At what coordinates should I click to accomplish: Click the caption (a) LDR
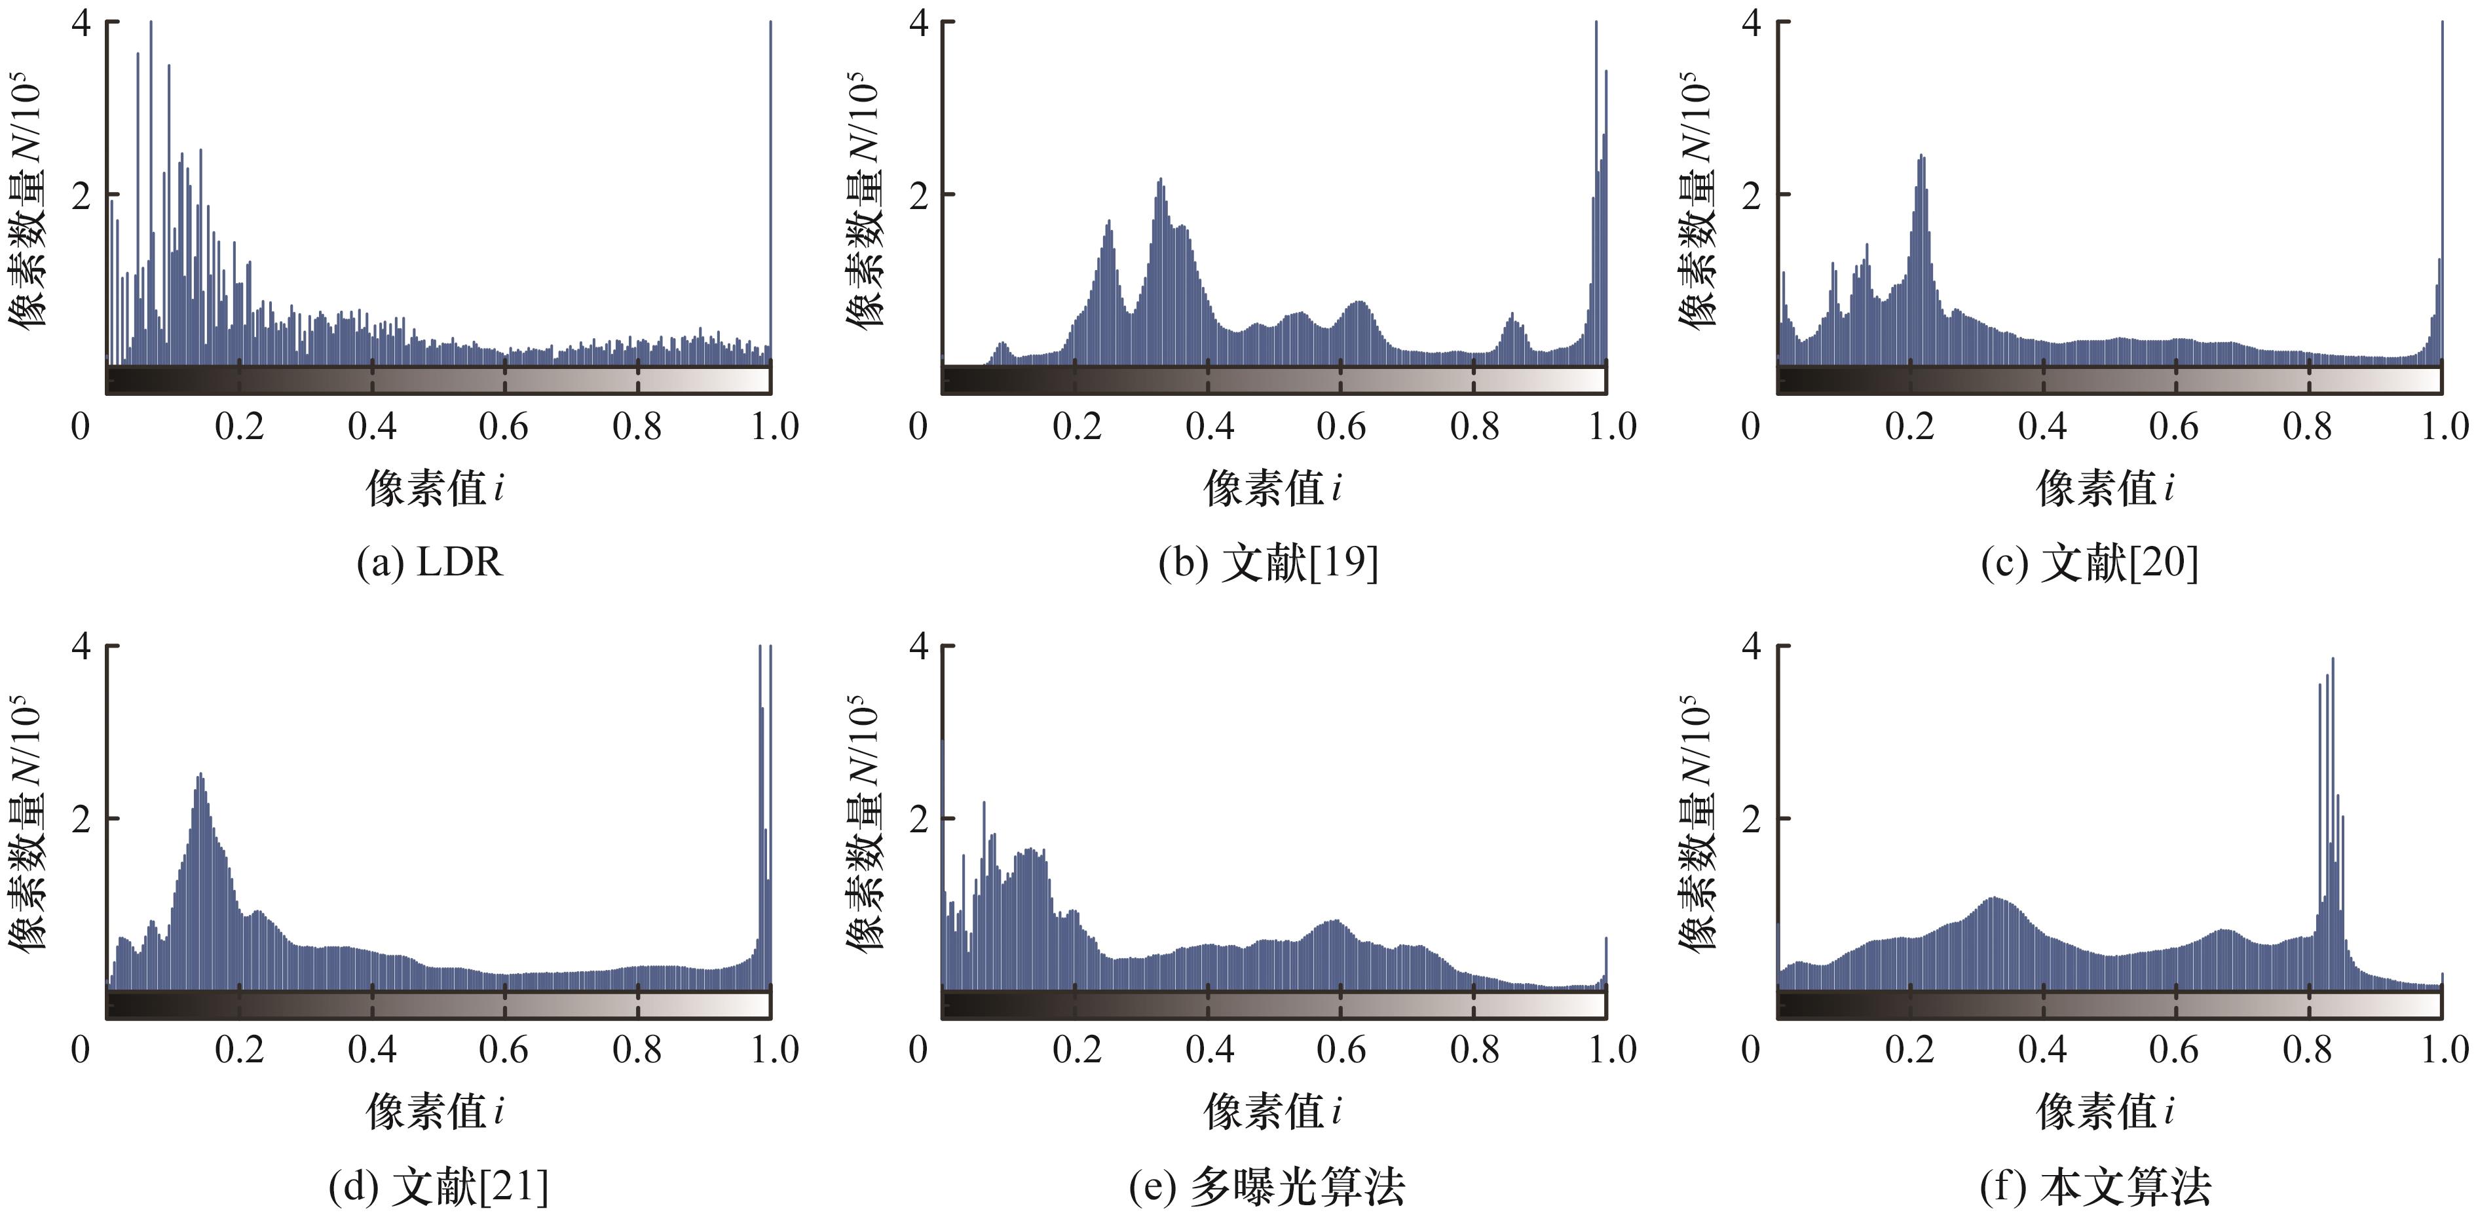point(430,562)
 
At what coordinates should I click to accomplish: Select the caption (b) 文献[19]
point(1267,562)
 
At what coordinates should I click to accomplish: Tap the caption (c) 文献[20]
point(2090,562)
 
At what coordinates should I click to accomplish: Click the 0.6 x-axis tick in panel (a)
point(504,426)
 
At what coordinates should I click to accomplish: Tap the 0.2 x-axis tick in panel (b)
point(1076,426)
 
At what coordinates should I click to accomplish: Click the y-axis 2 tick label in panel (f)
point(1752,820)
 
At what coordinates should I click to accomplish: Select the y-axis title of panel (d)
point(27,822)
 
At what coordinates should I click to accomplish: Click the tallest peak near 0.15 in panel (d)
point(200,779)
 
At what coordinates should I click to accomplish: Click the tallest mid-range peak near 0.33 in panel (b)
point(1160,183)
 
